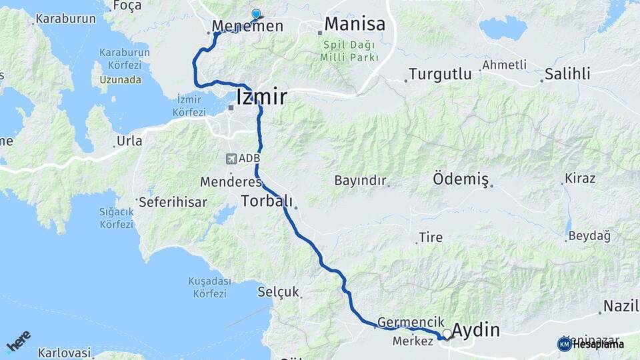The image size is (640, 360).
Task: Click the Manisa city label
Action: click(355, 25)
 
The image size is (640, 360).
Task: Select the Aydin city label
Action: click(476, 330)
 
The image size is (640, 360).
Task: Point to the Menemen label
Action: click(247, 27)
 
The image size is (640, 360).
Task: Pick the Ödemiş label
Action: click(461, 179)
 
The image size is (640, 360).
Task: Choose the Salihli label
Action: click(567, 73)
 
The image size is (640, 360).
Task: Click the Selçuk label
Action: click(279, 292)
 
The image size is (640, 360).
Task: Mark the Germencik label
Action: click(411, 322)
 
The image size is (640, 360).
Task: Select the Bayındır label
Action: click(360, 181)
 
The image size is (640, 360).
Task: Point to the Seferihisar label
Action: click(173, 201)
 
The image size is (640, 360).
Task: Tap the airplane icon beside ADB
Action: click(231, 159)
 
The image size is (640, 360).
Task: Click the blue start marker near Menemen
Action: click(256, 14)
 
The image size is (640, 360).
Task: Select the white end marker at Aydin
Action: click(447, 333)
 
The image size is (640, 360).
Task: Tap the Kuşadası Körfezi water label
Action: click(209, 287)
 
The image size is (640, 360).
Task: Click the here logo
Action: click(19, 341)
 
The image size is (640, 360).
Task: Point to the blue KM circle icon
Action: click(564, 344)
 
